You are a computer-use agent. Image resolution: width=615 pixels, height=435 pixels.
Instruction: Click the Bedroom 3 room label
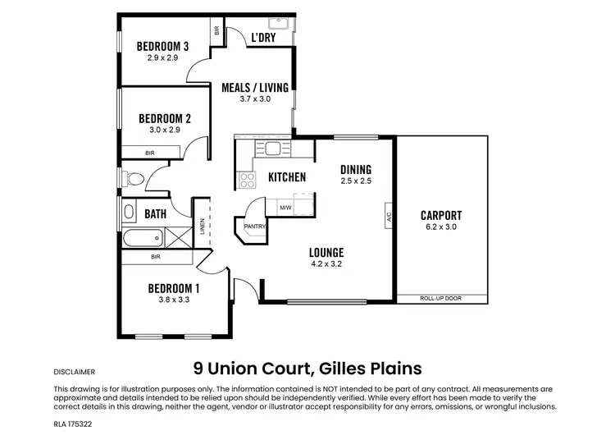point(162,46)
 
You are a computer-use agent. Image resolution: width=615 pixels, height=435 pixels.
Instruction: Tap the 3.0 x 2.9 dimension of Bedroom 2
point(163,130)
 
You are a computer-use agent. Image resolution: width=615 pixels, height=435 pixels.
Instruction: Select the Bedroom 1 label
point(173,288)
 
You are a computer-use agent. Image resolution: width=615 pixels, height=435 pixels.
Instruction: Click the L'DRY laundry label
point(262,37)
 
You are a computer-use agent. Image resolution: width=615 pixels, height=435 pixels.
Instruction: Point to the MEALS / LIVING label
point(254,87)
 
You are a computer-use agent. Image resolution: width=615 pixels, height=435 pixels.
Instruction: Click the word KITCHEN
point(287,177)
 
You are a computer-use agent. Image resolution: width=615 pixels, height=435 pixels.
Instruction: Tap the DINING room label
point(356,169)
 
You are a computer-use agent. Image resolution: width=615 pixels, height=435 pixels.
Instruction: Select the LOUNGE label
point(326,252)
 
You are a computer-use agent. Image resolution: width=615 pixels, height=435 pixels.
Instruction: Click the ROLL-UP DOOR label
point(440,299)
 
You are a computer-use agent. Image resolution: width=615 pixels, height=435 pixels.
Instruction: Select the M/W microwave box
point(285,208)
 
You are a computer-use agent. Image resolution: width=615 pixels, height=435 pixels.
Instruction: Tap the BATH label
point(156,214)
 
